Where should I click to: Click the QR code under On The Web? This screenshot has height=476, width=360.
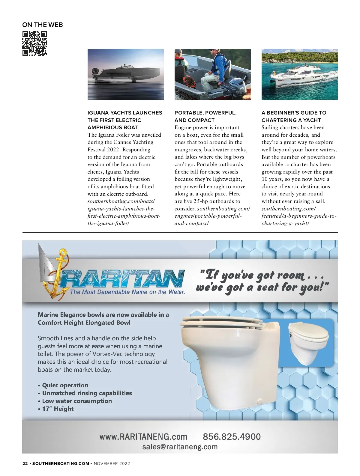coord(34,43)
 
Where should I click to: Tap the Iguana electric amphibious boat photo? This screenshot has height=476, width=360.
coord(125,74)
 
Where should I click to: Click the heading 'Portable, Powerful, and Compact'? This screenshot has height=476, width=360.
coord(205,116)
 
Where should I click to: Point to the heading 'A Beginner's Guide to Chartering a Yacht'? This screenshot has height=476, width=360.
coord(294,116)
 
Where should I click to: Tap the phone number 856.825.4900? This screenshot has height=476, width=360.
coord(232,436)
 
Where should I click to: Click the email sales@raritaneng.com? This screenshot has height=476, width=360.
coord(180,447)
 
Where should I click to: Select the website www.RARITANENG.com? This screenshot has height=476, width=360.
coord(143,436)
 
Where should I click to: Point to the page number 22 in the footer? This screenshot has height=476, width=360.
coord(25,463)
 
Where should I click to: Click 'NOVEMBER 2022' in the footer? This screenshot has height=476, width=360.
coord(112,463)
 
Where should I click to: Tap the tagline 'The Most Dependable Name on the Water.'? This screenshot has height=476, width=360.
coord(127,292)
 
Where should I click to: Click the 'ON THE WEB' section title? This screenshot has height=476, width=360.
coord(43,25)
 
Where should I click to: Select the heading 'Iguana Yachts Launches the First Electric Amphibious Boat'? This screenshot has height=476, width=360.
coord(125,120)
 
